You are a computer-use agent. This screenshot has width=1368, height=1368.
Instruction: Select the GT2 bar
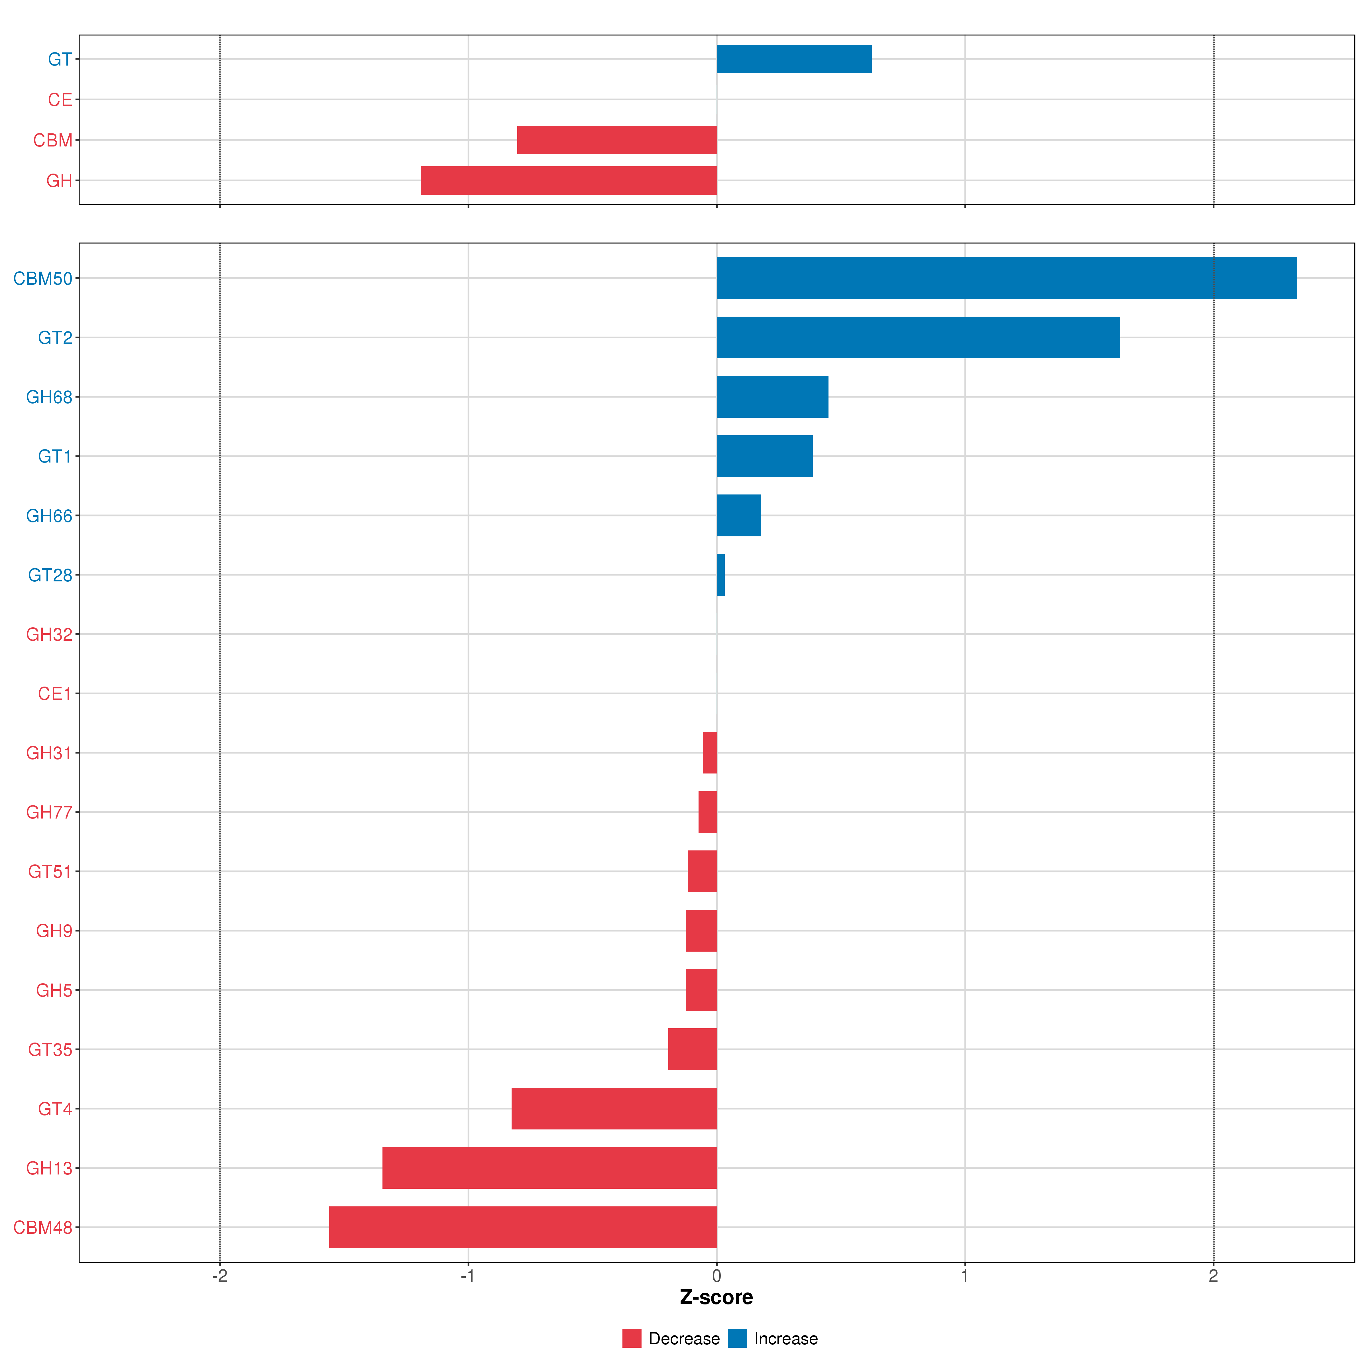coord(918,338)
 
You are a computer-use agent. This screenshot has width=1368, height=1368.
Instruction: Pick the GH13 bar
coord(549,1168)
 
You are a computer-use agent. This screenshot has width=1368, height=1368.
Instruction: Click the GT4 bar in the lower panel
coord(614,1108)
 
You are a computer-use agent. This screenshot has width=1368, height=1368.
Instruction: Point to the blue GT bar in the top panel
coord(794,59)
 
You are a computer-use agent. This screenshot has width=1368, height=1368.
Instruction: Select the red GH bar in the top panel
coord(569,181)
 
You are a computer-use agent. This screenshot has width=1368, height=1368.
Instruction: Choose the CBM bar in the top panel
coord(617,140)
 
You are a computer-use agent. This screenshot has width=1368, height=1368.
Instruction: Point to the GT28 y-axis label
coord(50,575)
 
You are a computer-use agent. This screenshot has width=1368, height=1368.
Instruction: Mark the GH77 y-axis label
coord(49,812)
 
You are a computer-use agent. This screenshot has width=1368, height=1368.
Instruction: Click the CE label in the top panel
coord(60,100)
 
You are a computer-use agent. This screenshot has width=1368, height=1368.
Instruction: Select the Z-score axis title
coord(716,1297)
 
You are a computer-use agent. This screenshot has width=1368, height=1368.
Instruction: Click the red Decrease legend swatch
coord(632,1338)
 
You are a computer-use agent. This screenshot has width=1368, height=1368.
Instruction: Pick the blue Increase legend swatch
coord(737,1338)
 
